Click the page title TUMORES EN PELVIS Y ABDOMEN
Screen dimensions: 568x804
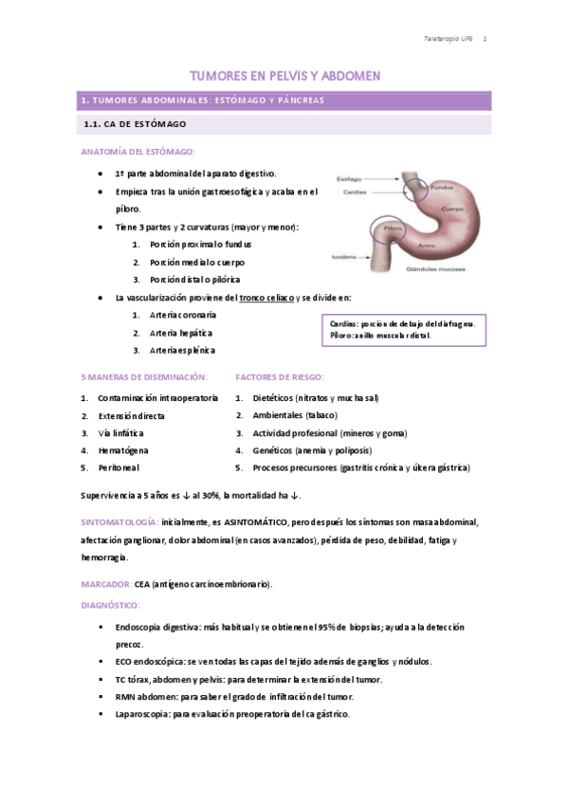pos(284,76)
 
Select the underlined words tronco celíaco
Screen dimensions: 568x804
pos(266,298)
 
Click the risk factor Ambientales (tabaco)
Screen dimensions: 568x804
pos(295,415)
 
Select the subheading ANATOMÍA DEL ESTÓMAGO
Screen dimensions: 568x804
pos(138,152)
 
